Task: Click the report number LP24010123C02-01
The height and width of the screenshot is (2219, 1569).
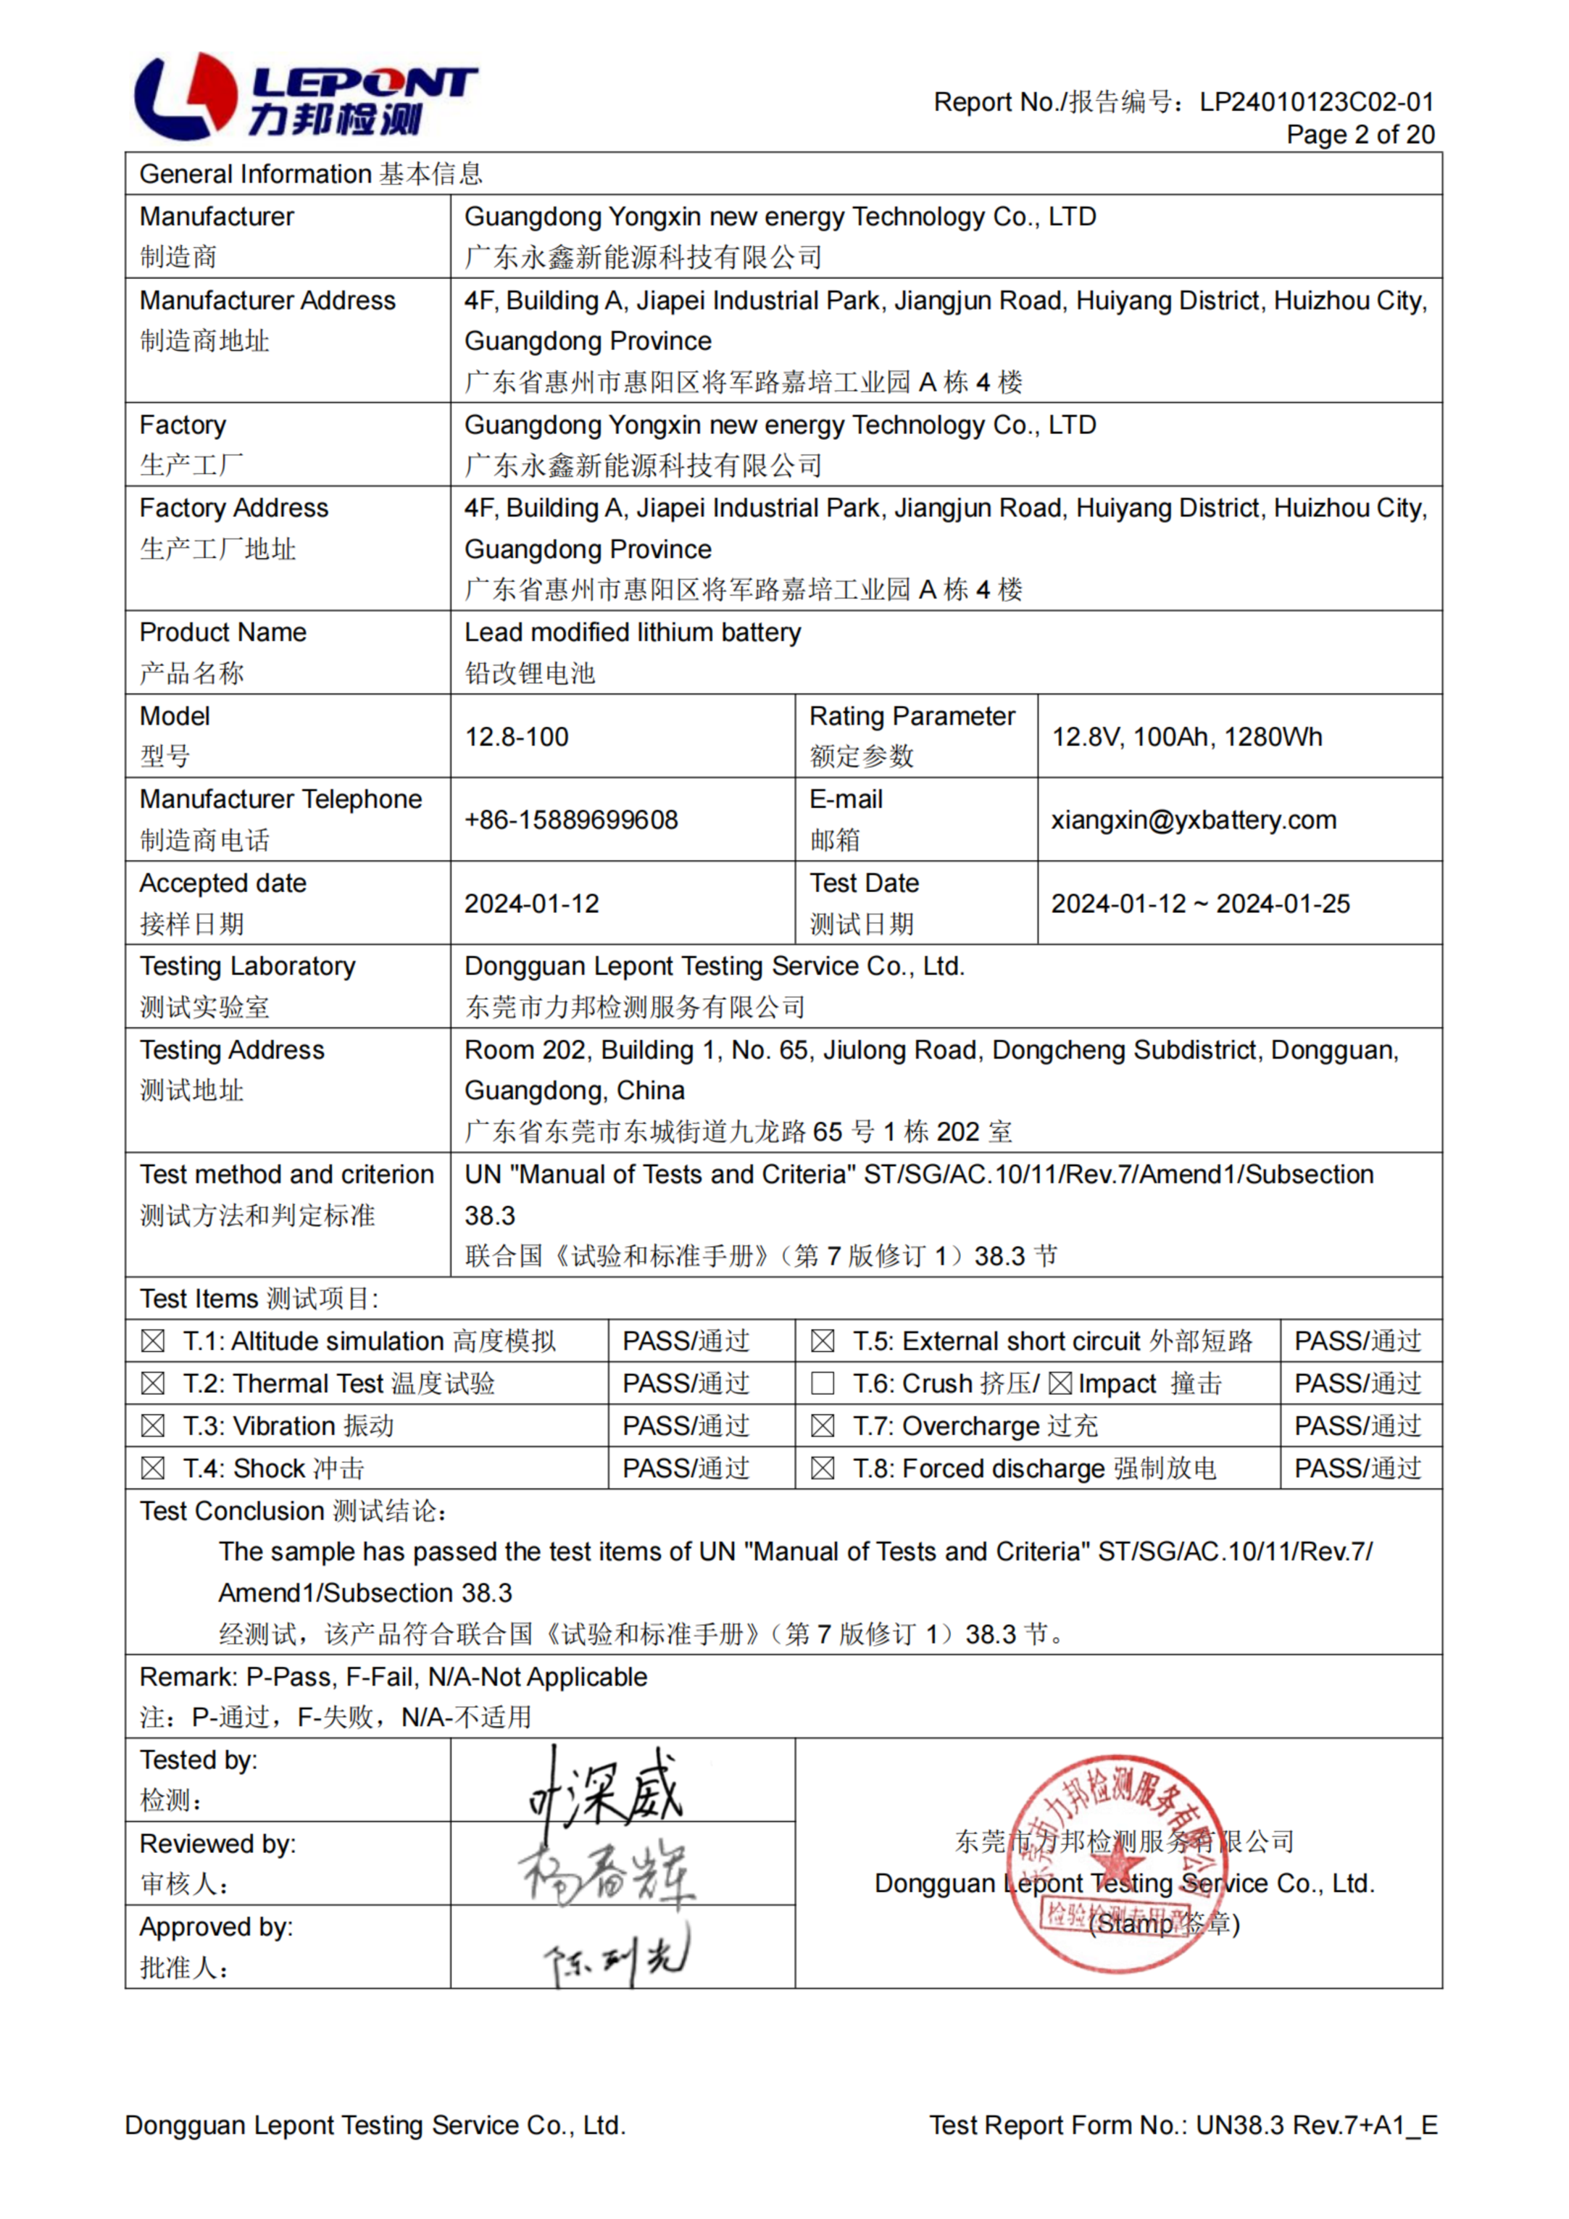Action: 1317,101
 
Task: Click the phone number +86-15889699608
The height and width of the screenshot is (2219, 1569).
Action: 570,820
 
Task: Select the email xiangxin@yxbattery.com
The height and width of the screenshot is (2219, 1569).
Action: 1194,820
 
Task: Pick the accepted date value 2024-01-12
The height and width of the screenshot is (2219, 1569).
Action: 532,904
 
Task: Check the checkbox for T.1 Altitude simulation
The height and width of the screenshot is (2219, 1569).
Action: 153,1341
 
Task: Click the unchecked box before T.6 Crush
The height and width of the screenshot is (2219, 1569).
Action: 823,1384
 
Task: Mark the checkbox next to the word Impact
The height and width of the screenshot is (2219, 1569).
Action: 1060,1384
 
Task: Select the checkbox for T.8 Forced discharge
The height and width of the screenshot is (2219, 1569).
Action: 823,1469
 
